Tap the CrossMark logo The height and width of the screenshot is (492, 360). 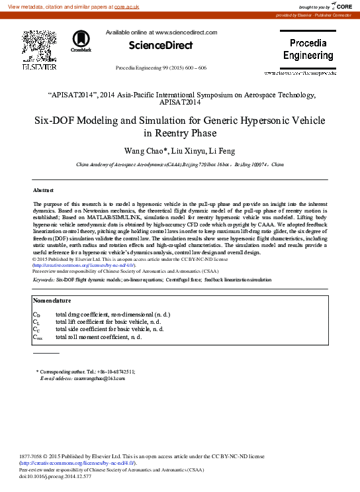[81, 40]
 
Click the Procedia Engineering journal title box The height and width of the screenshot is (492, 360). [308, 50]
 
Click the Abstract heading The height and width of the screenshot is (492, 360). [43, 190]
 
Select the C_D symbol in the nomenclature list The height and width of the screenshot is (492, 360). [36, 314]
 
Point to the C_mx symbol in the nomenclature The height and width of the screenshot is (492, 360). [38, 338]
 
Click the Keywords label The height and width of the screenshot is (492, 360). [44, 280]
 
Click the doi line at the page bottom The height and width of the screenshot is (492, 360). [56, 476]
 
